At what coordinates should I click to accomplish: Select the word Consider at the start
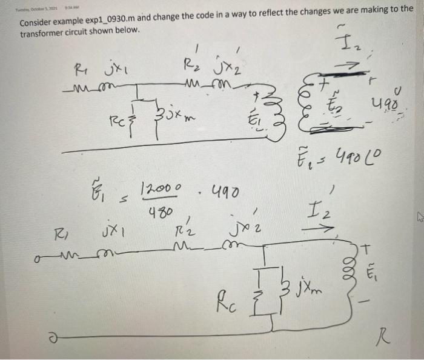(x=37, y=22)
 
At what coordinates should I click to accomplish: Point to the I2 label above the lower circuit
(x=319, y=214)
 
